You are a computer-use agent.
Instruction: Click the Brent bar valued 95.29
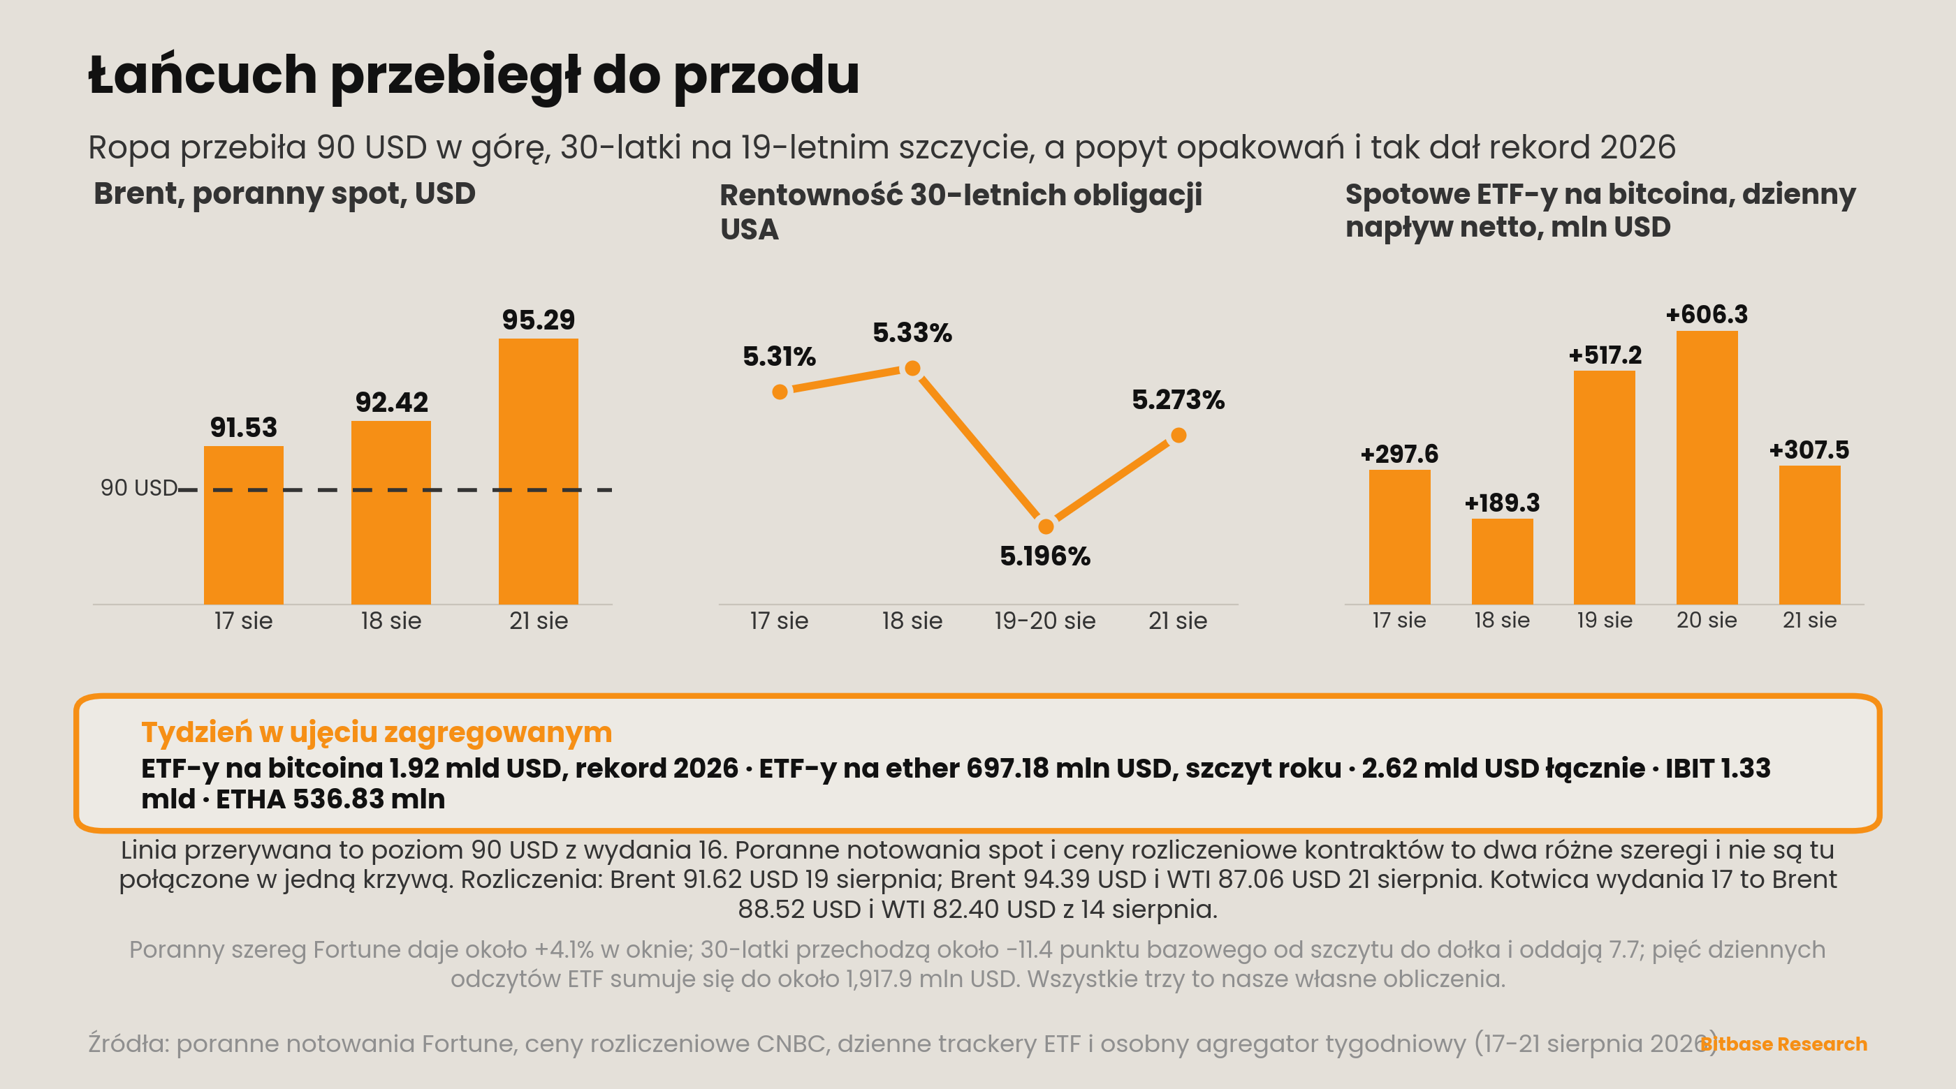click(539, 471)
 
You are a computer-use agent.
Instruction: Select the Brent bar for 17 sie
click(244, 525)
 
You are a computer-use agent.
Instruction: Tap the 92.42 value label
click(392, 402)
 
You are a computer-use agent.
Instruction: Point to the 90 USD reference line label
click(139, 488)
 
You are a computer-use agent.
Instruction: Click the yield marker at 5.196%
click(1046, 526)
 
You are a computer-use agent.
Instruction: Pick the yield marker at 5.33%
click(913, 369)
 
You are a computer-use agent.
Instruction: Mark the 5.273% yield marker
click(1178, 436)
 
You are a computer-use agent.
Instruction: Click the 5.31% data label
click(779, 357)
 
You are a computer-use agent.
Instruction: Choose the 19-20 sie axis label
click(1045, 621)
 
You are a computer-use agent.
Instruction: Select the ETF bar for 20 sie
click(1707, 468)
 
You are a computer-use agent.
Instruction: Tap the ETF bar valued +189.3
click(1502, 561)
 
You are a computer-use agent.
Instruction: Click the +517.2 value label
click(1605, 355)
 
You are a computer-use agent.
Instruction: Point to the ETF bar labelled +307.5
click(1809, 535)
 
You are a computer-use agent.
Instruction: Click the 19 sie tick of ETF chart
click(1605, 621)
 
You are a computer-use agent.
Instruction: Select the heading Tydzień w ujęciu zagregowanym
click(377, 732)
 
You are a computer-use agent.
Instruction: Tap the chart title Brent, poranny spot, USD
click(285, 194)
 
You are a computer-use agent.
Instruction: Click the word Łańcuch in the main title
click(203, 75)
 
